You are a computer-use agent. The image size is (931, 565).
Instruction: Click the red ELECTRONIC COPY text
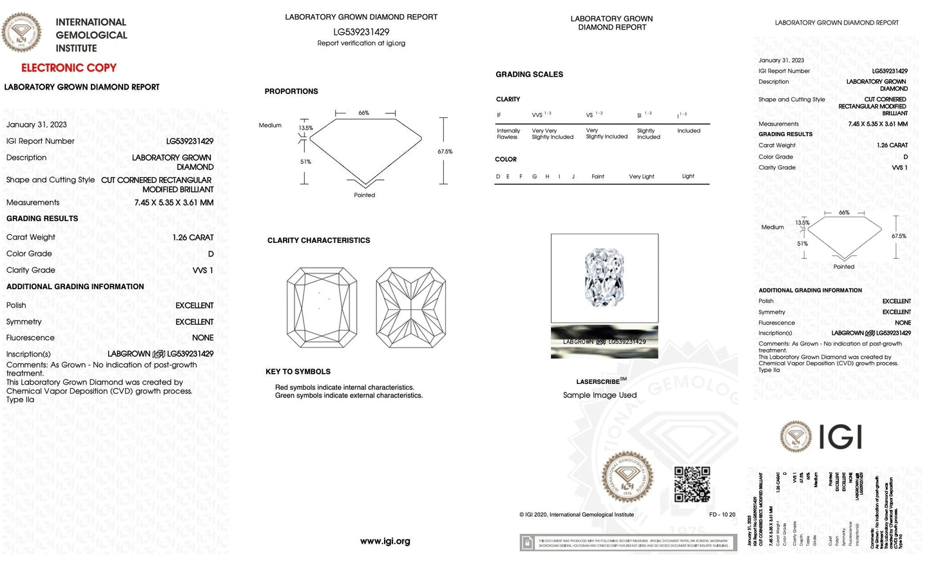(69, 68)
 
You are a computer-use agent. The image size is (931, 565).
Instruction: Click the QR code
(691, 484)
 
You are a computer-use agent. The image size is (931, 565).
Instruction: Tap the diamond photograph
(604, 278)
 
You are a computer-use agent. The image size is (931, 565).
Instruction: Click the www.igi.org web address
(385, 541)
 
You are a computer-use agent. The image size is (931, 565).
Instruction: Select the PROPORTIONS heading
(291, 91)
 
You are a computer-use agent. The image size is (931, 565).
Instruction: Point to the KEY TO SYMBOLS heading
(298, 372)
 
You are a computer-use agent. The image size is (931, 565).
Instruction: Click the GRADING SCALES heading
(529, 75)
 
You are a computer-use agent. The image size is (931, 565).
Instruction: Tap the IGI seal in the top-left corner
(22, 32)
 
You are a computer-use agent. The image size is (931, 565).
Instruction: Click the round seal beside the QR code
(627, 477)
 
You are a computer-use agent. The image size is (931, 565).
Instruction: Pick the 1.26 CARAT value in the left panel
(193, 238)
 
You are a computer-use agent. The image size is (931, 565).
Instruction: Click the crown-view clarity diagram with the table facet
(322, 308)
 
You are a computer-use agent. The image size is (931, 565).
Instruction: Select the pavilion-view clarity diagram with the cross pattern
(410, 308)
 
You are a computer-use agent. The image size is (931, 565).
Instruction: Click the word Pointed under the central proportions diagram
(364, 195)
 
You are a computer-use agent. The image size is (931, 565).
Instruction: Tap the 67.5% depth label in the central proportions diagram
(445, 152)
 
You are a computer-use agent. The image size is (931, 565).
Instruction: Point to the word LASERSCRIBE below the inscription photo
(597, 382)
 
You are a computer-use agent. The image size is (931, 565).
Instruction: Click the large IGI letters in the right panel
(840, 437)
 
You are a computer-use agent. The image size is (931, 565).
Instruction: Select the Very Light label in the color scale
(641, 177)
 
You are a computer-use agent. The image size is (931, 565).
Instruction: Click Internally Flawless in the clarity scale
(508, 134)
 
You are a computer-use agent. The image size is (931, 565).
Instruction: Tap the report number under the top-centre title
(361, 32)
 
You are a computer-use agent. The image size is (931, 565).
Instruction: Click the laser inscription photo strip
(604, 342)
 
